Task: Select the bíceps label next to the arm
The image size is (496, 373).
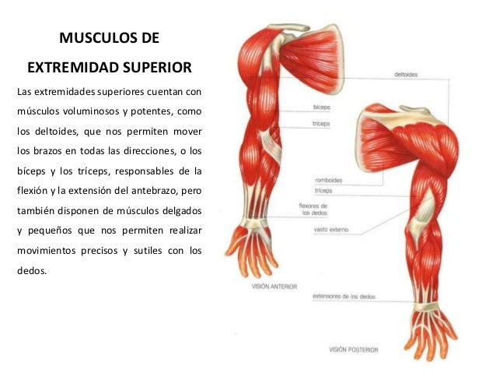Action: (x=320, y=107)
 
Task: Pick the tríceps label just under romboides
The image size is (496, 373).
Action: (x=323, y=190)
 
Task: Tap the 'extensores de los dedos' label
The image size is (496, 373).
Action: (x=340, y=296)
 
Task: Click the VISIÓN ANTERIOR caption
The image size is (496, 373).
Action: (x=274, y=286)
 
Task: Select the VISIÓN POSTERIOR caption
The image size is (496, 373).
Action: (x=353, y=350)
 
